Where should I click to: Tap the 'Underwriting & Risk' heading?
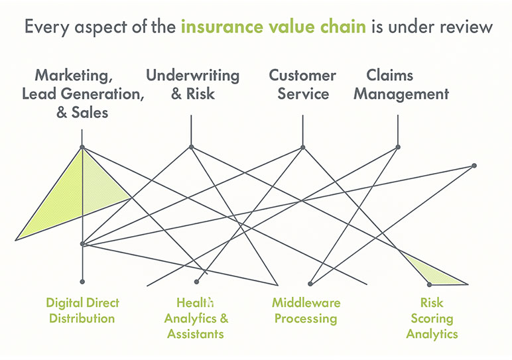point(193,84)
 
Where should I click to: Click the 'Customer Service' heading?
point(302,84)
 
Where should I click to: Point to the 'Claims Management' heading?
point(400,84)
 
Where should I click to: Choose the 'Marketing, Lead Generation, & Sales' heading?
point(82,93)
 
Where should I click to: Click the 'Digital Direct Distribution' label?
point(82,310)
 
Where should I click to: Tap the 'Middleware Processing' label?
point(306,310)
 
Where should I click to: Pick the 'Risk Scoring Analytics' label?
point(432,318)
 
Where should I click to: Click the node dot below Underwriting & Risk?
point(191,147)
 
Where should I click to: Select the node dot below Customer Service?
point(302,147)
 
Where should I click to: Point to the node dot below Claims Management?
point(398,147)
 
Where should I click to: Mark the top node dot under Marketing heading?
point(82,147)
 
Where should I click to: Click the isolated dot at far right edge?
point(474,166)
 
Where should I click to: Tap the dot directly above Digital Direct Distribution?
point(82,282)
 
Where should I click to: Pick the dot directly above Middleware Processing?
point(309,282)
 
